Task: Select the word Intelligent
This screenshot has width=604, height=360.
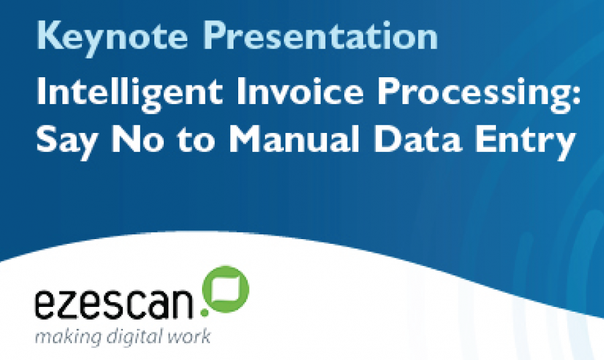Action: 130,94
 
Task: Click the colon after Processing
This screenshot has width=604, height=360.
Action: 576,96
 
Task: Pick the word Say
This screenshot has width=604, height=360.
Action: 66,140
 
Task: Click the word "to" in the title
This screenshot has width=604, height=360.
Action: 196,139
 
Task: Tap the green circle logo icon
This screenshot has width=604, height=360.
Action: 226,289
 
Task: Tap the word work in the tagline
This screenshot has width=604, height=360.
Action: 189,336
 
